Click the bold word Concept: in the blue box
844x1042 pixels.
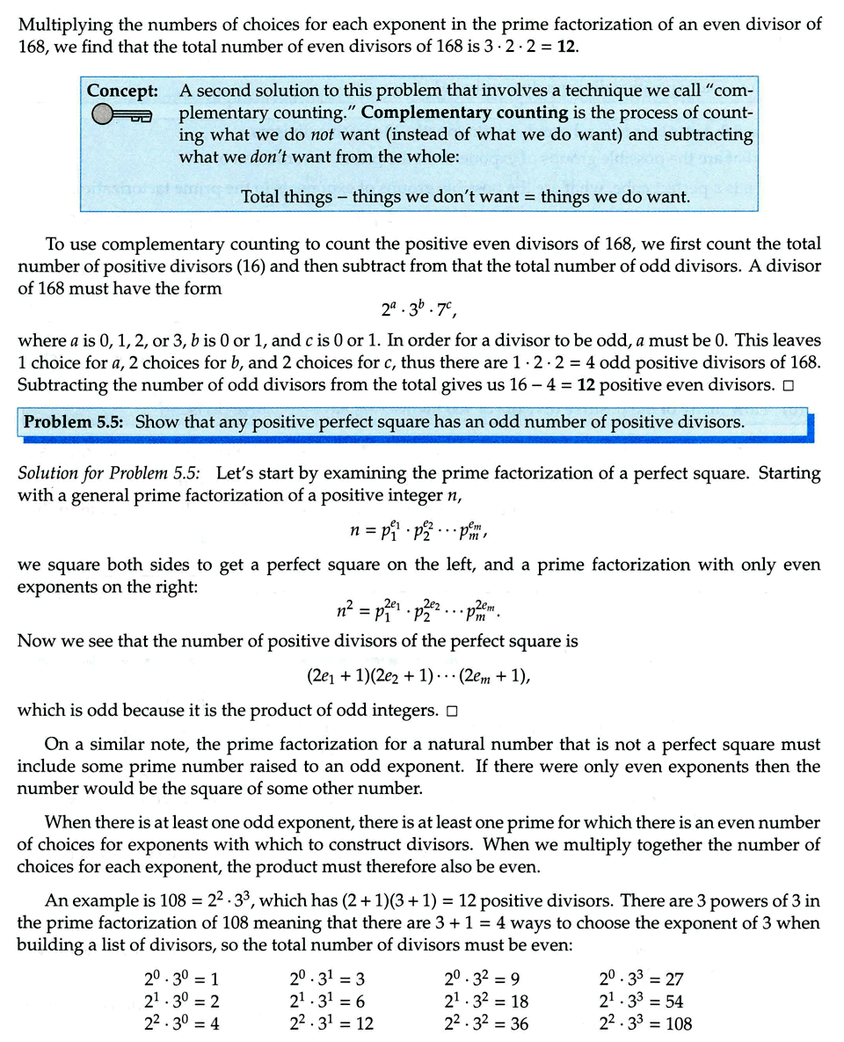pyautogui.click(x=122, y=91)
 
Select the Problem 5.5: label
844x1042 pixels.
pyautogui.click(x=77, y=422)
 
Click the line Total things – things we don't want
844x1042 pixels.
pyautogui.click(x=465, y=196)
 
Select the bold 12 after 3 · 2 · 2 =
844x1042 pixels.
pyautogui.click(x=566, y=45)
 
